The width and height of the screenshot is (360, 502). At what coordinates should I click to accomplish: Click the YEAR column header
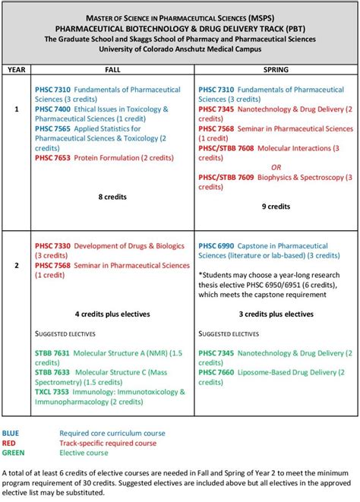[x=16, y=68]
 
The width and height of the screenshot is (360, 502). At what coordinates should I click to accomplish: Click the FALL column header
[x=112, y=68]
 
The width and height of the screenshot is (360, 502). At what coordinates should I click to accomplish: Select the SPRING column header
[x=275, y=68]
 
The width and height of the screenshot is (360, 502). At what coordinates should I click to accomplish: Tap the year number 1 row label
[x=16, y=109]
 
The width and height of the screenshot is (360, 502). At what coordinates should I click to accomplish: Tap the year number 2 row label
[x=16, y=266]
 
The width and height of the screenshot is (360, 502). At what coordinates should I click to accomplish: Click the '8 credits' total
[x=112, y=197]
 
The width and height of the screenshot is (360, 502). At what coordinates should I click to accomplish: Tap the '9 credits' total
[x=275, y=206]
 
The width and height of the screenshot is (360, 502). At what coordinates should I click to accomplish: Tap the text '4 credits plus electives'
[x=112, y=314]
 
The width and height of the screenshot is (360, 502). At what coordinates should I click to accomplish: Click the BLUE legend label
[x=13, y=434]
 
